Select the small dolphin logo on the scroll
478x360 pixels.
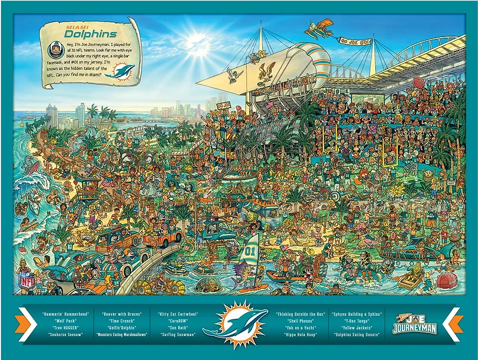coord(124,74)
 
